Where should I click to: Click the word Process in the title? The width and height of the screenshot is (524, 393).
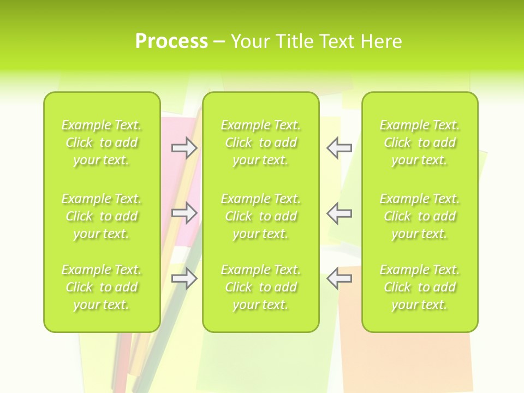[x=171, y=41]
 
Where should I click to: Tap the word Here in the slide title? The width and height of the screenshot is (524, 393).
[x=382, y=41]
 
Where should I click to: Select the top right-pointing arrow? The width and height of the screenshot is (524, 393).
[x=184, y=148]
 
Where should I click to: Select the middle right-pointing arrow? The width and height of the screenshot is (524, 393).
[x=184, y=213]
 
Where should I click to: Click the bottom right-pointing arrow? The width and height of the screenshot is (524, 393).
[x=184, y=278]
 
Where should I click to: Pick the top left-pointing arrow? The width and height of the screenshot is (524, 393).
[x=340, y=148]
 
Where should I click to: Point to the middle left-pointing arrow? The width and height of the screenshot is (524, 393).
[x=340, y=213]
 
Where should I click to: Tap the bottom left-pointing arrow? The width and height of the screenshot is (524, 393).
[x=340, y=278]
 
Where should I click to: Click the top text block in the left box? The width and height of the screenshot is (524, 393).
[x=102, y=142]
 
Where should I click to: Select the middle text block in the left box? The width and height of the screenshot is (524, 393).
[x=102, y=216]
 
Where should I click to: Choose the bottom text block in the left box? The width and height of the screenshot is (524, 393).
[x=102, y=287]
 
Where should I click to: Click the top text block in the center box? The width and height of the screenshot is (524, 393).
[x=261, y=142]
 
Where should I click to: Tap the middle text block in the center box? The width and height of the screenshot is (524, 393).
[x=261, y=216]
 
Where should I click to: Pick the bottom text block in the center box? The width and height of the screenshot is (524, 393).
[x=261, y=287]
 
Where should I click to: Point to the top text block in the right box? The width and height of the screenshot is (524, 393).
[x=420, y=142]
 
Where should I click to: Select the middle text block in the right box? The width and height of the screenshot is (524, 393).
[x=420, y=216]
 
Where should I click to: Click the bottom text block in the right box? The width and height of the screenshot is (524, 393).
[x=420, y=287]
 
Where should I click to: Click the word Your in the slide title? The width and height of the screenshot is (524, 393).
[x=252, y=41]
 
